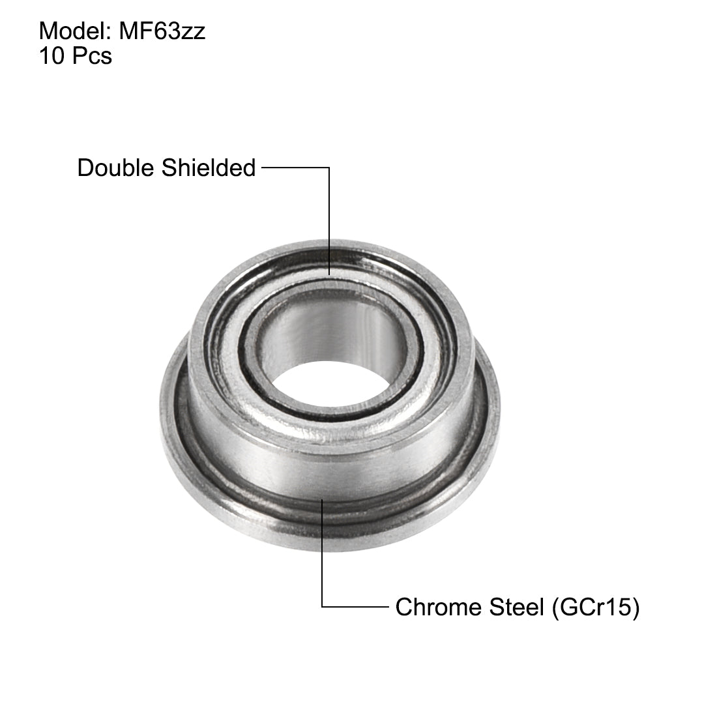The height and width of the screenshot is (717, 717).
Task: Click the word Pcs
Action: pyautogui.click(x=92, y=57)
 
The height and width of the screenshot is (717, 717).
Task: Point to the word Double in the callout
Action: pyautogui.click(x=115, y=168)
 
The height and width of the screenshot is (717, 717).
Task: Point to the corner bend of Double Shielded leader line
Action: pyautogui.click(x=329, y=168)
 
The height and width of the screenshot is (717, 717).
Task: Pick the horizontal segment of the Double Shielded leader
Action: pyautogui.click(x=295, y=168)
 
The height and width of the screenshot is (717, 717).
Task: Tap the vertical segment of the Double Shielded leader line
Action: pyautogui.click(x=329, y=222)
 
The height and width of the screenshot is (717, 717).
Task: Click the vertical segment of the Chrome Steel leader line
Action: pyautogui.click(x=322, y=554)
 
